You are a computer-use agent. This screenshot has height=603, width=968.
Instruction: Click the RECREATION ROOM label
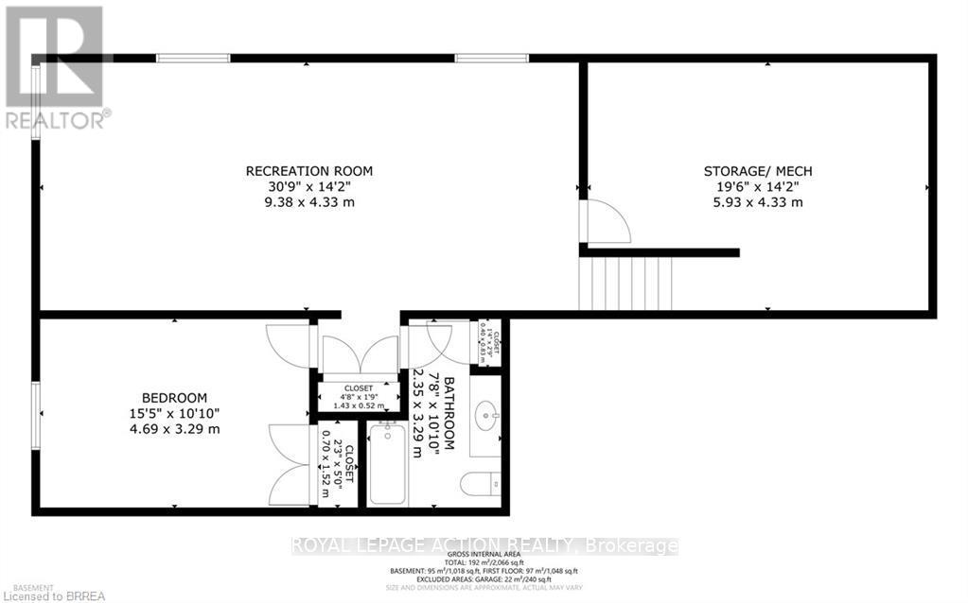point(309,171)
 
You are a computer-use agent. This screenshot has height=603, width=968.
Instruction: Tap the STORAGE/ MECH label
point(757,171)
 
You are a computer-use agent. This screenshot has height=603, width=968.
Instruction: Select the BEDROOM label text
point(174,398)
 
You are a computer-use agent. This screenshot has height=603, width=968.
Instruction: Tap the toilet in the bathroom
point(483,484)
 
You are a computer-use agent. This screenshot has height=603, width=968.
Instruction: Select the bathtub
point(388,464)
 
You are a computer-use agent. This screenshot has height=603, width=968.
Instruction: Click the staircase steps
point(625,284)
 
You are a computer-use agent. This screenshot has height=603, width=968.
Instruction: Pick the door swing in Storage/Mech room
point(607,223)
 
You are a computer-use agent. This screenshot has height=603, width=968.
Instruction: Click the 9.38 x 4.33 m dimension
point(309,202)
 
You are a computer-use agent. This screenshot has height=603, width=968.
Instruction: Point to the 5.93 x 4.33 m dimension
point(757,202)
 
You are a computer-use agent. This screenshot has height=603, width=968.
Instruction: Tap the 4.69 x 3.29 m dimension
point(175,429)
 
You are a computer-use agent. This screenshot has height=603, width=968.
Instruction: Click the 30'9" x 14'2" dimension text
point(309,187)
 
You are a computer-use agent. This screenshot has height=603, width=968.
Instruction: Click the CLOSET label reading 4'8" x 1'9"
point(359,388)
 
